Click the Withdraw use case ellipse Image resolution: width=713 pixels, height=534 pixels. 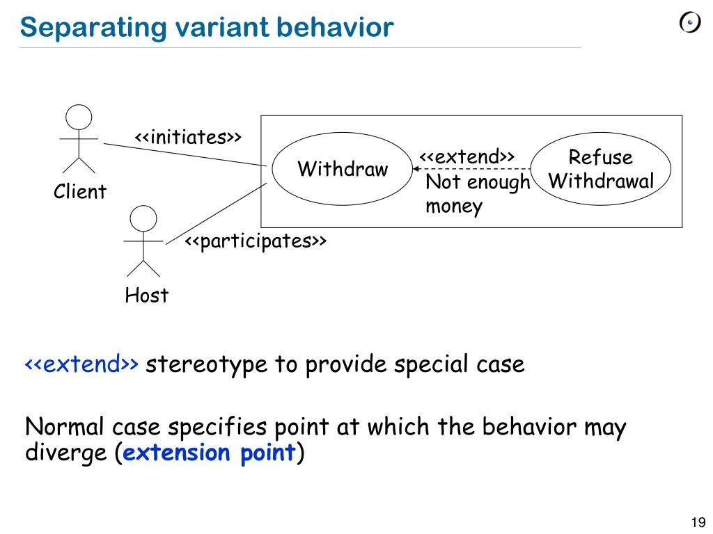pyautogui.click(x=342, y=169)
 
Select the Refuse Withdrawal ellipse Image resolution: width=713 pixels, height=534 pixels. pyautogui.click(x=601, y=169)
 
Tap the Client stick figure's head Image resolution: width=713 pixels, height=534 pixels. pyautogui.click(x=79, y=117)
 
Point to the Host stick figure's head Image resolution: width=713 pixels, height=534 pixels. pyautogui.click(x=143, y=218)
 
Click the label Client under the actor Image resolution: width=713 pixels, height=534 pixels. pyautogui.click(x=80, y=191)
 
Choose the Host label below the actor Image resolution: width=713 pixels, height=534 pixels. pyautogui.click(x=146, y=296)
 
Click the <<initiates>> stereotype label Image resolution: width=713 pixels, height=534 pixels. pyautogui.click(x=188, y=137)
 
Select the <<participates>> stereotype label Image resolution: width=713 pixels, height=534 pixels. pyautogui.click(x=255, y=241)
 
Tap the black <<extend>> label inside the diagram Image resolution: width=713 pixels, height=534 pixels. pyautogui.click(x=467, y=156)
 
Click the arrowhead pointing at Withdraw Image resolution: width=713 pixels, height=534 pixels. pyautogui.click(x=416, y=168)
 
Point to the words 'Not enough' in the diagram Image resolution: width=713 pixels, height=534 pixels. pyautogui.click(x=478, y=183)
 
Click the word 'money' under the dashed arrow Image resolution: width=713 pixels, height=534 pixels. pyautogui.click(x=454, y=207)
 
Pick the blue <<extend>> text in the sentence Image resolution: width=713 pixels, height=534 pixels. pyautogui.click(x=82, y=364)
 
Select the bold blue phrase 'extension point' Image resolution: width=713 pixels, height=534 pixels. pyautogui.click(x=210, y=453)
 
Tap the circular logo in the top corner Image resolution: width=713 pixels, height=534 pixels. pyautogui.click(x=689, y=24)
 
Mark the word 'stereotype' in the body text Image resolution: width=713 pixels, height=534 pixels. pyautogui.click(x=207, y=364)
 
